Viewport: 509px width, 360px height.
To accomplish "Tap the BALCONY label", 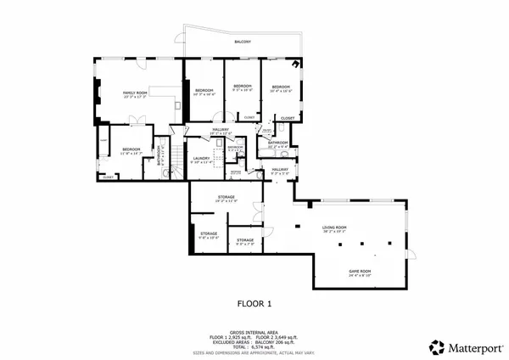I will tap(243, 41).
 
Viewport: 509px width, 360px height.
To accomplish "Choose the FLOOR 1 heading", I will tap(254, 303).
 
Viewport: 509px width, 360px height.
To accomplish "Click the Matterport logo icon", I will tap(436, 346).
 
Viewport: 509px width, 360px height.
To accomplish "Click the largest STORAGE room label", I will tap(226, 197).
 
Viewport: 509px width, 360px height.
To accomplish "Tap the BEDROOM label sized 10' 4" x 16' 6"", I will tap(282, 87).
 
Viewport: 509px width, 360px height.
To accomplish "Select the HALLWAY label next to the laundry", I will tap(220, 130).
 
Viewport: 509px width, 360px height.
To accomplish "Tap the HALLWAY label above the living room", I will tap(280, 170).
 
